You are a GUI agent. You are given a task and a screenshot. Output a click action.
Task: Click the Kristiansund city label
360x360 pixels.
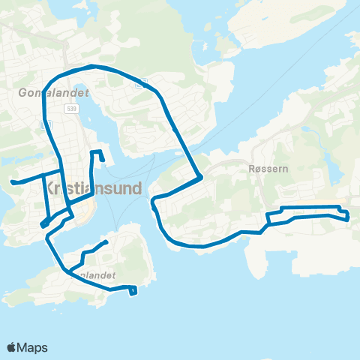94,188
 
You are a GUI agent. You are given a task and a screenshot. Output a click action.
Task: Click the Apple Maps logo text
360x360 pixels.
32,347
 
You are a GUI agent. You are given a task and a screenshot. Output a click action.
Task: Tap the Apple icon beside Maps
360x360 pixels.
12,346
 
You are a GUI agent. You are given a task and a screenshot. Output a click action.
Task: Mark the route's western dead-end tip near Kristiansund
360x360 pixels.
12,181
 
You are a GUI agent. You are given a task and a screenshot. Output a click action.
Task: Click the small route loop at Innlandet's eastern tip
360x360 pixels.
133,290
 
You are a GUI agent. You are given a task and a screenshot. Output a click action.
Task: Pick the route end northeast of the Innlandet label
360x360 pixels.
106,241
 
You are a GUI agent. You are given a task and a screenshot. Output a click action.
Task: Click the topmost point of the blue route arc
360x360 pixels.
94,65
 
